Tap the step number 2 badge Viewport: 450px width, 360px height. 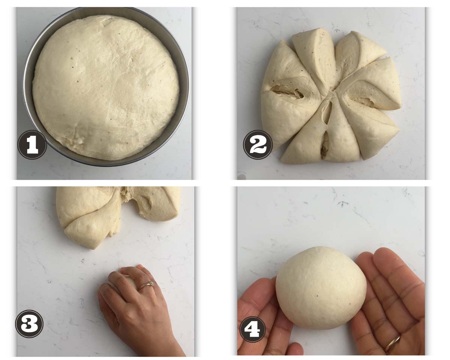coord(258,145)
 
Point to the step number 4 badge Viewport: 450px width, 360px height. coord(253,330)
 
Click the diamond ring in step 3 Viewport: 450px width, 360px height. coord(147,285)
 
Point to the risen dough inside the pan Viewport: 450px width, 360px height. coord(106,88)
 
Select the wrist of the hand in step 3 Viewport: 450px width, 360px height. coord(167,343)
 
